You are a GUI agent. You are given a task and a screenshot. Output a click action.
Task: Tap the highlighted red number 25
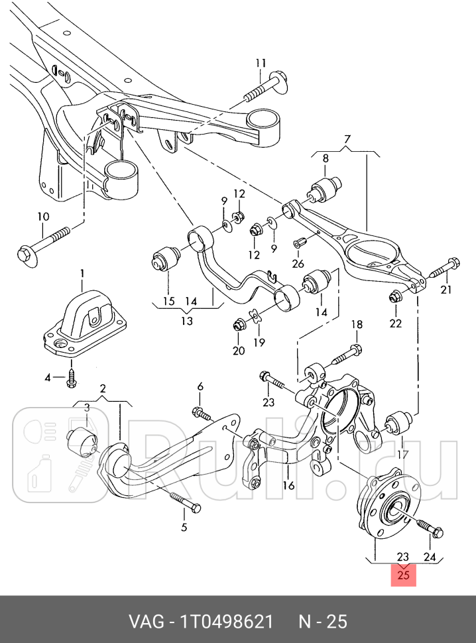pyautogui.click(x=404, y=575)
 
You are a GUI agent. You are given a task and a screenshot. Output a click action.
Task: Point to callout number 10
pyautogui.click(x=43, y=217)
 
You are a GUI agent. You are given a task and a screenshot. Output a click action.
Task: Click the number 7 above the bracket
pyautogui.click(x=346, y=139)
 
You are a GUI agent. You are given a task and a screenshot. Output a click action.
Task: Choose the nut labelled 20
pyautogui.click(x=238, y=325)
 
